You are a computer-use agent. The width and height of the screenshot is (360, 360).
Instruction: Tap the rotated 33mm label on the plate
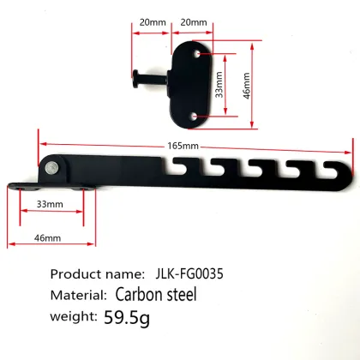point(219,83)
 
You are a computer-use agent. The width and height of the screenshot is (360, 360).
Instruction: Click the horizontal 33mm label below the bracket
point(50,205)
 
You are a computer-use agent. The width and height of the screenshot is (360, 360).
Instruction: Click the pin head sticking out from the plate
point(137,82)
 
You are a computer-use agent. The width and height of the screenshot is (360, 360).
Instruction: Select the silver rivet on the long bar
point(54,167)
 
